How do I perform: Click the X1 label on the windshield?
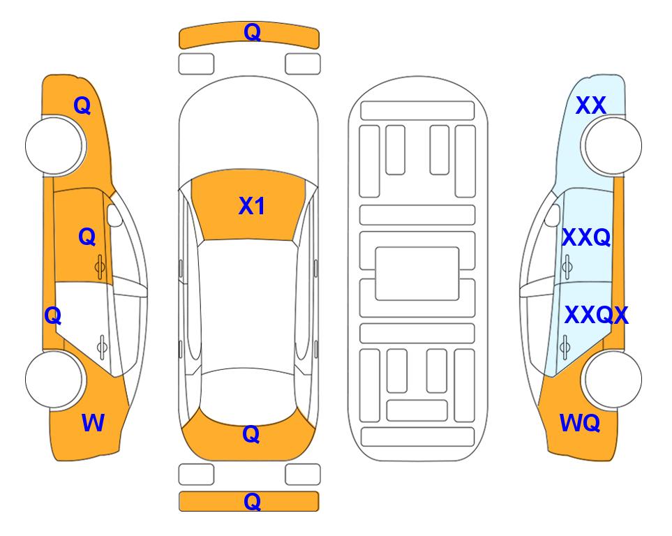tap(252, 206)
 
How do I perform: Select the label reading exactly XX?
tap(590, 105)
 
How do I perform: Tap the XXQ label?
tap(586, 237)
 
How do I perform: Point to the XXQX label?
tap(596, 315)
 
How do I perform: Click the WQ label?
tap(580, 423)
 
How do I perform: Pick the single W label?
tap(93, 423)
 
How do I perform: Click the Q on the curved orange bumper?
tap(252, 32)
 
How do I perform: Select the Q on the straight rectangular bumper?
tap(252, 501)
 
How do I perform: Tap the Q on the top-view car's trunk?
tap(251, 434)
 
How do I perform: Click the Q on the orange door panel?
tap(87, 237)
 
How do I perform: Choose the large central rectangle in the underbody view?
tap(417, 274)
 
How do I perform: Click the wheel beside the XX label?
tap(611, 146)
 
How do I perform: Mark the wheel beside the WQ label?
tap(611, 379)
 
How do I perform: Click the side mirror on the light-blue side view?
tap(552, 215)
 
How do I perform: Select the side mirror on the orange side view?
tap(114, 215)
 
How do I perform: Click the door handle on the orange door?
tap(100, 267)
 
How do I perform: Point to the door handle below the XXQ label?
tap(567, 267)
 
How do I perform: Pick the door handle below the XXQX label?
tap(565, 347)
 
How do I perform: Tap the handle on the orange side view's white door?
tap(102, 347)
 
